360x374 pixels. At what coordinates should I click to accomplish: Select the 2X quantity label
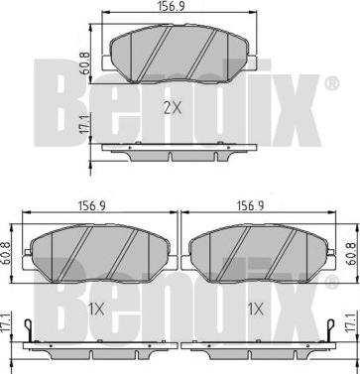pyautogui.click(x=173, y=108)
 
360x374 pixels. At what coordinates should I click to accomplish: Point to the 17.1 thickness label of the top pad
pyautogui.click(x=84, y=125)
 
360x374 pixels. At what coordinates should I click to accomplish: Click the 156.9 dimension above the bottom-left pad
pyautogui.click(x=92, y=206)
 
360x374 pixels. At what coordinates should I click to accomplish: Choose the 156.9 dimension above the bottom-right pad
pyautogui.click(x=250, y=206)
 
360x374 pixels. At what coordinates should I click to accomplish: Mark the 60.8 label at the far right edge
pyautogui.click(x=353, y=254)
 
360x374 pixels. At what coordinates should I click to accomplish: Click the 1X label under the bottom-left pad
pyautogui.click(x=96, y=310)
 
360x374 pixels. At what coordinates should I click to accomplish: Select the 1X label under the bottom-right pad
pyautogui.click(x=255, y=310)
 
